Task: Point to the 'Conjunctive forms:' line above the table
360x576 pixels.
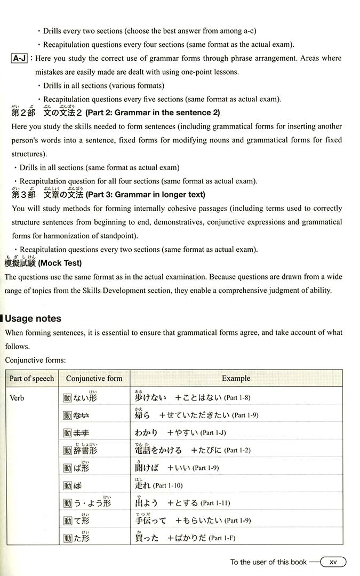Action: pos(35,360)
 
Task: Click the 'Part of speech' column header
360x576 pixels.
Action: pos(32,379)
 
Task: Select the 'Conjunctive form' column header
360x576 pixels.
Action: pos(94,379)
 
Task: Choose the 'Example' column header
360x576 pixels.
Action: pos(236,379)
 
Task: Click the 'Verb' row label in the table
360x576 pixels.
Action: pos(17,398)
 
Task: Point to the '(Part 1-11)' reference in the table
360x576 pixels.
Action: pos(217,503)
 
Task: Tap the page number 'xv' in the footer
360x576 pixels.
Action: pos(333,562)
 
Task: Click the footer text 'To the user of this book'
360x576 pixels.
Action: pos(268,562)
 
